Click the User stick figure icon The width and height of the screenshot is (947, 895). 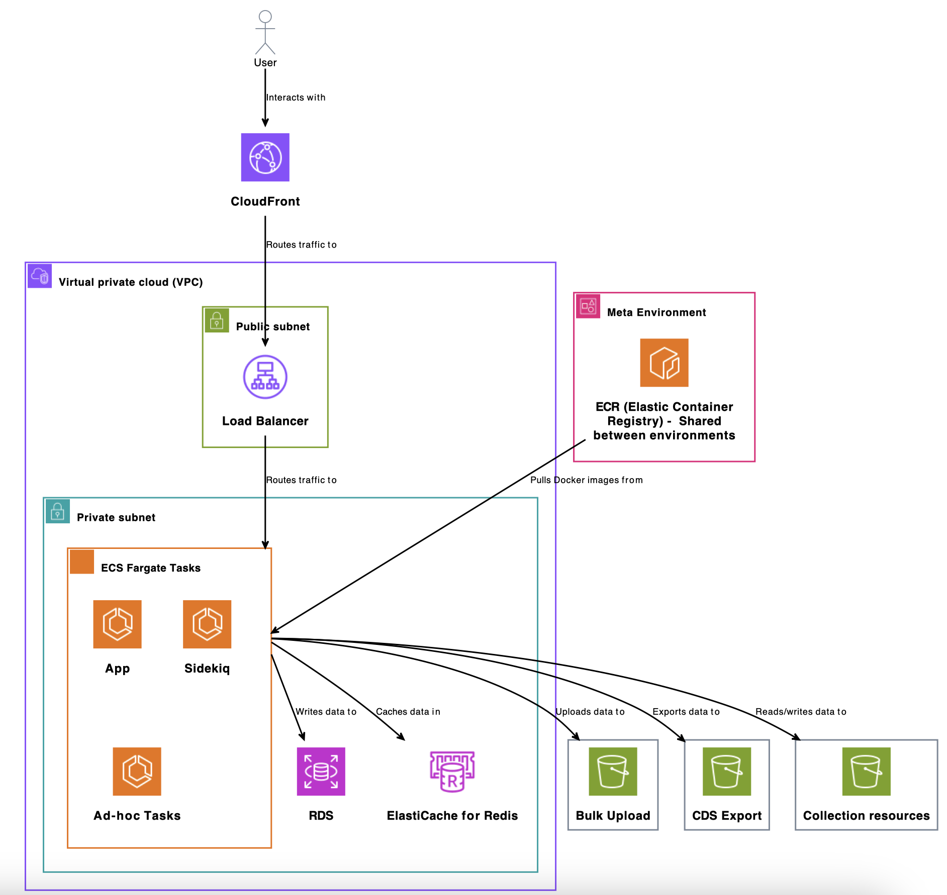click(x=265, y=32)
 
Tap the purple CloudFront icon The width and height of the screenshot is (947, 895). click(x=265, y=157)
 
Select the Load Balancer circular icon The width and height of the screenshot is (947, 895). click(x=265, y=377)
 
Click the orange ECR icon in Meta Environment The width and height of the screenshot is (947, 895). click(x=664, y=363)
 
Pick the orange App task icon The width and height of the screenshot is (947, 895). click(x=117, y=624)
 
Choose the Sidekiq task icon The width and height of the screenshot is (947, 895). click(x=207, y=624)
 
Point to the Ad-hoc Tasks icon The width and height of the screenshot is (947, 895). click(x=137, y=771)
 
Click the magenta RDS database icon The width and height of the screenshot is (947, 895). click(x=321, y=771)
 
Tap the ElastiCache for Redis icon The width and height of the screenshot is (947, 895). click(x=452, y=771)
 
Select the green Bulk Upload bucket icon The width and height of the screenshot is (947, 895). click(x=613, y=771)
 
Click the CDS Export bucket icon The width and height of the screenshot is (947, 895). click(x=727, y=771)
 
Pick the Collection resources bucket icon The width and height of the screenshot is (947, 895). click(x=866, y=771)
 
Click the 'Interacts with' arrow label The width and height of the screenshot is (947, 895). click(x=296, y=97)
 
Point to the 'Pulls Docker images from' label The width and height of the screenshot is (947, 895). click(x=586, y=480)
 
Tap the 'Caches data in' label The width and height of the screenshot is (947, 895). click(x=408, y=712)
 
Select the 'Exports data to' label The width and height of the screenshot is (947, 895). click(x=686, y=712)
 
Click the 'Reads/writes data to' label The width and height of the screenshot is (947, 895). click(x=801, y=712)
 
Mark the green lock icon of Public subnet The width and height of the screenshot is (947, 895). click(x=217, y=320)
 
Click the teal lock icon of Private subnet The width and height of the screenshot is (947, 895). click(x=58, y=511)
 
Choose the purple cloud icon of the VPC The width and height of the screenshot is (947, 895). click(x=40, y=276)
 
